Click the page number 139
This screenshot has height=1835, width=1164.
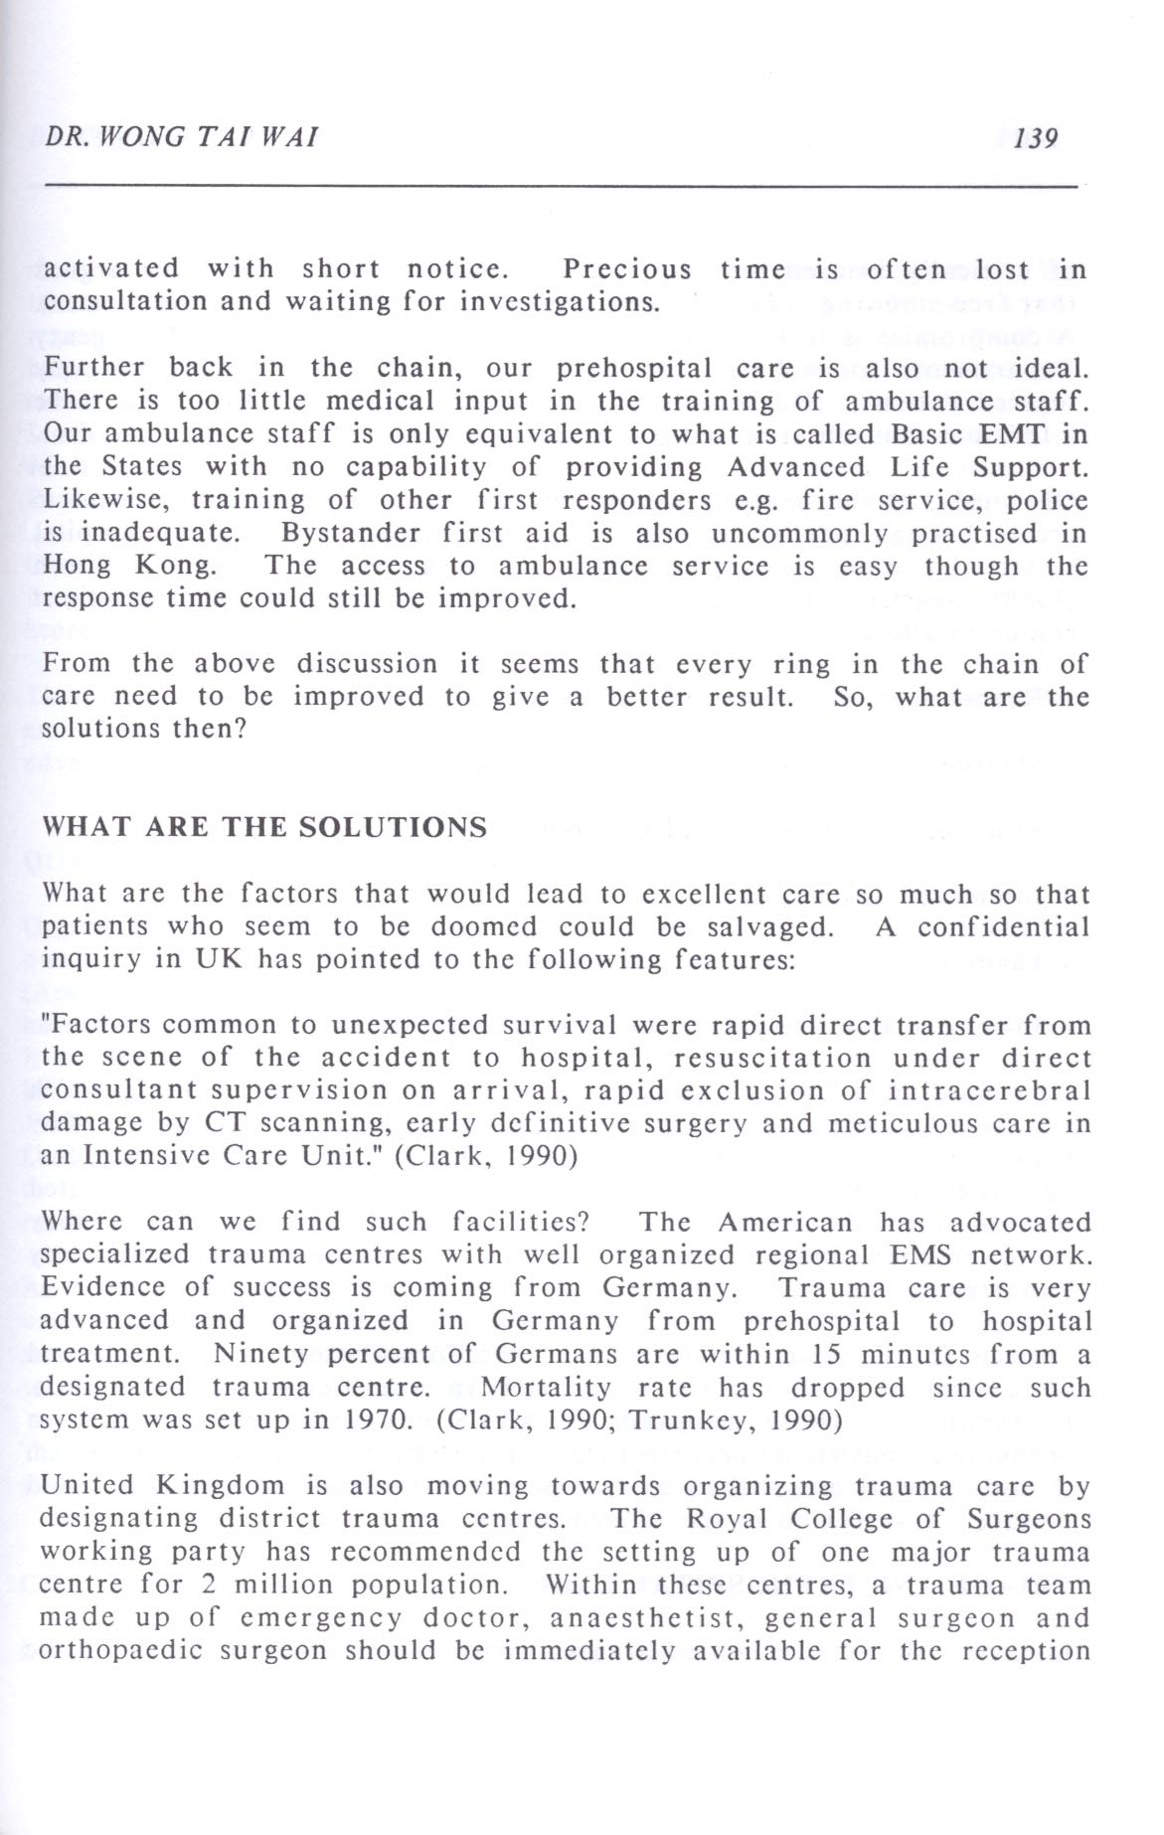pyautogui.click(x=1036, y=136)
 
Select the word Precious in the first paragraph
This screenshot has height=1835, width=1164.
pyautogui.click(x=626, y=269)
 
